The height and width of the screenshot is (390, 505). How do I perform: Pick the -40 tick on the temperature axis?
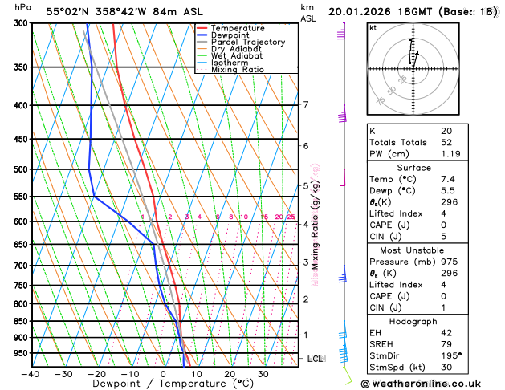pos(31,373)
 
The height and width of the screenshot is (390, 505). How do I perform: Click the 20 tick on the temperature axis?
pos(230,373)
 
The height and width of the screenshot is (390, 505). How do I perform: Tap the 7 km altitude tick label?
pos(306,104)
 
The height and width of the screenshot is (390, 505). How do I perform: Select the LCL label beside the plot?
pos(316,359)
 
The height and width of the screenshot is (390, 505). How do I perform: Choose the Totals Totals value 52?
pos(446,141)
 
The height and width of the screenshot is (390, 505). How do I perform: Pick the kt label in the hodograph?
pos(373,28)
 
